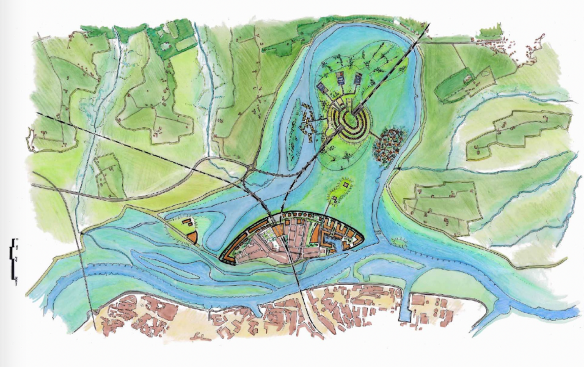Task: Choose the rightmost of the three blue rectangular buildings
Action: [359, 78]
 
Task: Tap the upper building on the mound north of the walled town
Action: [346, 183]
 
